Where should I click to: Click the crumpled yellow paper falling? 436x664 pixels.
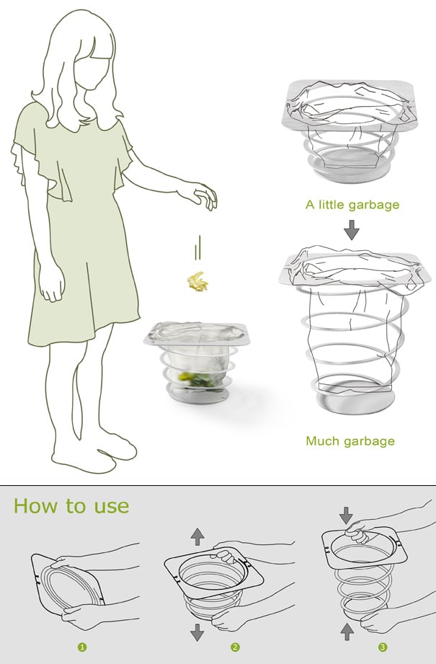198,282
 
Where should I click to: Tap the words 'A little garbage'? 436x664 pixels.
352,205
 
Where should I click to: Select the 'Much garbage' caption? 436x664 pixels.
350,441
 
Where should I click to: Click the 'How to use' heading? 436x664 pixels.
71,506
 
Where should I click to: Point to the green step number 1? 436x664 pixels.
82,647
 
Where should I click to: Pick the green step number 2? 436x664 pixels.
235,647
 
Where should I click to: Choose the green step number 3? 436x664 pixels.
383,647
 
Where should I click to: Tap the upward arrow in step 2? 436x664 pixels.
197,536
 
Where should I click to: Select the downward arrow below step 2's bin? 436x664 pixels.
197,632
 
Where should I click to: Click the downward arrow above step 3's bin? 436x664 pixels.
346,515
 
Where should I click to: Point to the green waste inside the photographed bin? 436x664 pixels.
196,379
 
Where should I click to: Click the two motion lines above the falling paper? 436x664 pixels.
197,247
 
